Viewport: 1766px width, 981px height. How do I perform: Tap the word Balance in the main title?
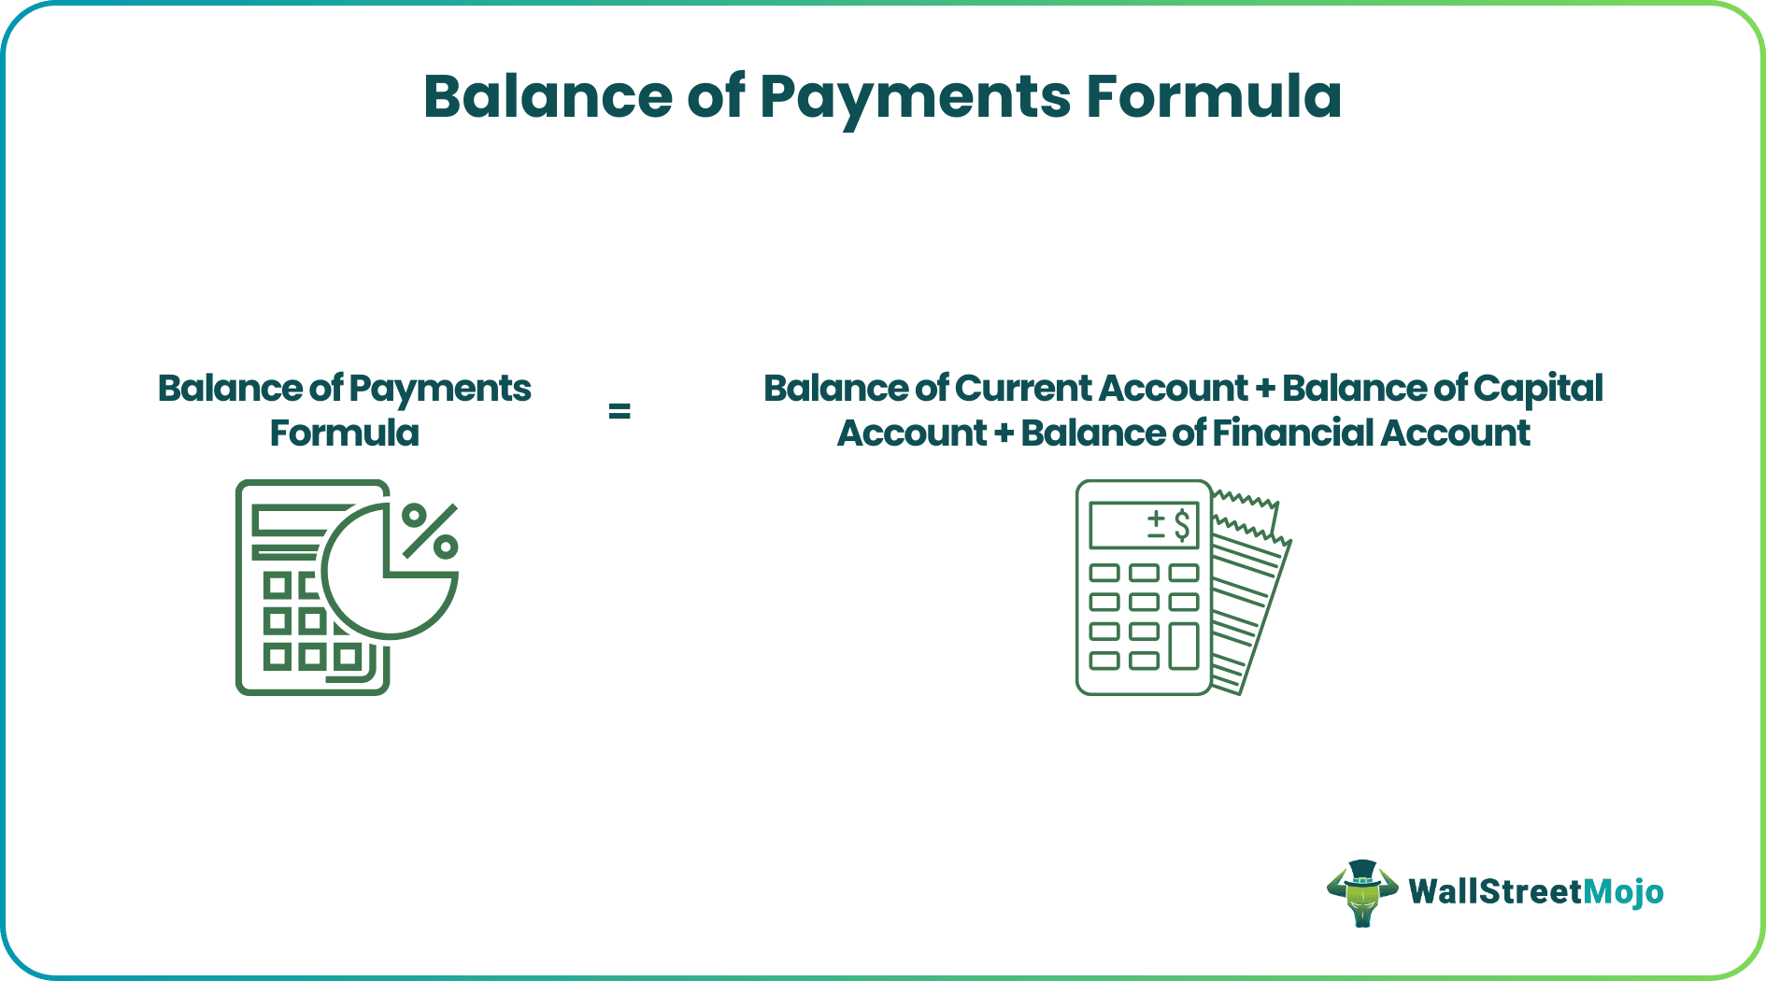(548, 96)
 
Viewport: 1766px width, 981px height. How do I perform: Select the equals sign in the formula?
(619, 411)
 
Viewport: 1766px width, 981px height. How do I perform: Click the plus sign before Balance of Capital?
(1265, 390)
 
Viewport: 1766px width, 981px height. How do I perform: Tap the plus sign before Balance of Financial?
(1004, 434)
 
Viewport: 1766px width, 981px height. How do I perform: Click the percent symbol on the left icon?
(430, 531)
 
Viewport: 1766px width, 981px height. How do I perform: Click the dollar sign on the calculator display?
(1182, 525)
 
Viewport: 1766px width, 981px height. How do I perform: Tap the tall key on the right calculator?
(1184, 646)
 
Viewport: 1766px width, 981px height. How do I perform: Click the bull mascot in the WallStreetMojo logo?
(1361, 892)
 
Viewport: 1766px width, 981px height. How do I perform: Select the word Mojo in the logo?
(1623, 892)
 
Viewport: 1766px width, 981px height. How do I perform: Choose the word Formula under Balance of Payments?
(344, 434)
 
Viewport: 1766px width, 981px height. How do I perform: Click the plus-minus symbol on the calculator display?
(1156, 525)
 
